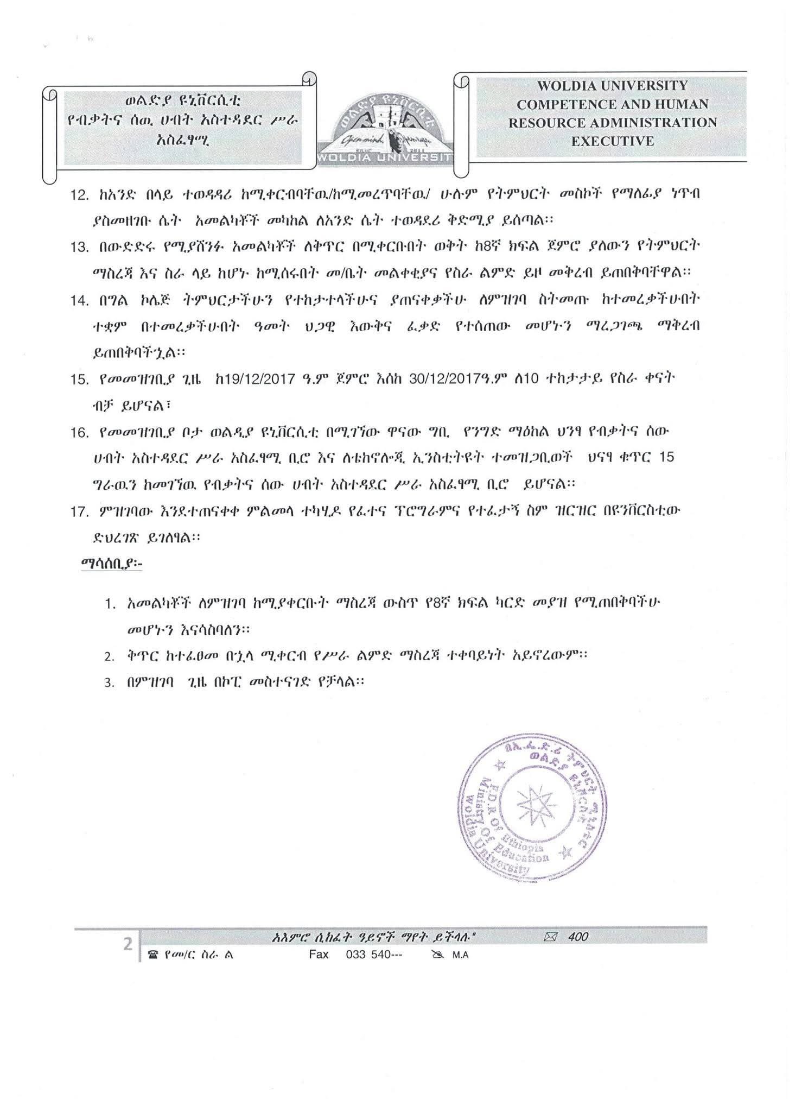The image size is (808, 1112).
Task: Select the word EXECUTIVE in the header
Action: pyautogui.click(x=612, y=141)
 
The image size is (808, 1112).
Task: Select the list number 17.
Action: pyautogui.click(x=80, y=511)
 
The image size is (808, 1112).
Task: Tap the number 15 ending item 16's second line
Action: pyautogui.click(x=665, y=457)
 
